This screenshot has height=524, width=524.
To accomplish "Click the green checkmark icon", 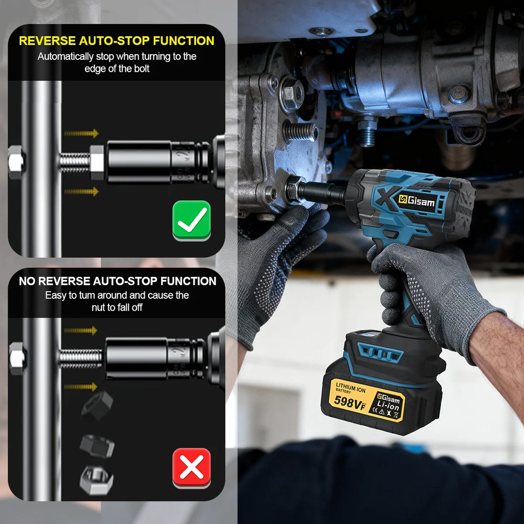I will [191, 220].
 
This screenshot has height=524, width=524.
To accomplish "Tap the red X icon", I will [191, 467].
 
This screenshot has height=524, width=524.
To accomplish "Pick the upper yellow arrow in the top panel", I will [81, 134].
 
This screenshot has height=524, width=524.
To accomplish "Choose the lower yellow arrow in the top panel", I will [81, 191].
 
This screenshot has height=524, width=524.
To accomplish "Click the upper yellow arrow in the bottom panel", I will [81, 331].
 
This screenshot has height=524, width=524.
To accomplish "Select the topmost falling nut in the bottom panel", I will [97, 406].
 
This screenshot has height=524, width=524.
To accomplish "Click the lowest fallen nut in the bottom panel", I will [96, 479].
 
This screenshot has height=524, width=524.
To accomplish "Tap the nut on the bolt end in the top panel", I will [97, 162].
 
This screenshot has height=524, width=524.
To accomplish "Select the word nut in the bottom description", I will [98, 308].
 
